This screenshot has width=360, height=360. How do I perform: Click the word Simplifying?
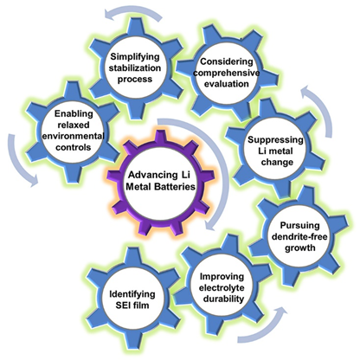135,57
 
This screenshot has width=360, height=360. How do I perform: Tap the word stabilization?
135,68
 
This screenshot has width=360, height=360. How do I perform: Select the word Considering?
227,61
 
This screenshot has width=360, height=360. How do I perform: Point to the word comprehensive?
227,73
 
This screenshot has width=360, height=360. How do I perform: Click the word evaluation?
227,84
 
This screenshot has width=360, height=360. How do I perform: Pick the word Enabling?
74,114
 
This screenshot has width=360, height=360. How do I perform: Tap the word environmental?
74,136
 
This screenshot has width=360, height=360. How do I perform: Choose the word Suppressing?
275,140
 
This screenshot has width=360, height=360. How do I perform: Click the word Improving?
222,277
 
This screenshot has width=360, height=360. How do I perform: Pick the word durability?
223,299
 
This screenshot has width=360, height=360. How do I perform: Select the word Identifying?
132,294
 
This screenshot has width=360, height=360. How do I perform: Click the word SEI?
124,305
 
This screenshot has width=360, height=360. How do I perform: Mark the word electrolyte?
222,288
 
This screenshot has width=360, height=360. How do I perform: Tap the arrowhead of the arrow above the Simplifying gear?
109,14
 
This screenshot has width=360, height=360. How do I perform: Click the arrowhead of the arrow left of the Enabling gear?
33,182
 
